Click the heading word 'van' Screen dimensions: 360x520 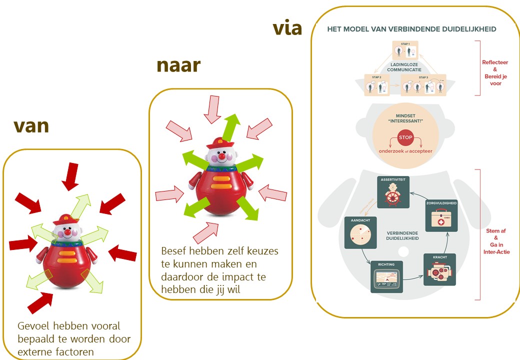point(31,126)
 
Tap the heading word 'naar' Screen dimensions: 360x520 point(178,65)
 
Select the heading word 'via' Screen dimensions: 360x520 point(287,28)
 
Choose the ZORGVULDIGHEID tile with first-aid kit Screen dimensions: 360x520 point(441,216)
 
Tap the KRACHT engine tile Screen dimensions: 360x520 point(439,270)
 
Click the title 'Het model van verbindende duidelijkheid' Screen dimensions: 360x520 point(411,29)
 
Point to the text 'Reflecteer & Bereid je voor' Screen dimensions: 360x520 point(494,72)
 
